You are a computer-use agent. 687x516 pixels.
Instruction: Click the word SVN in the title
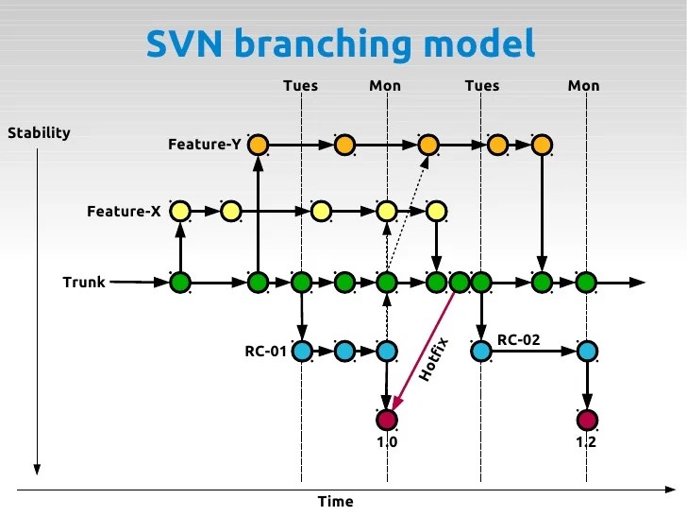(x=184, y=43)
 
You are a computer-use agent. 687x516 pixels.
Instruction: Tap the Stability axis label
(x=39, y=133)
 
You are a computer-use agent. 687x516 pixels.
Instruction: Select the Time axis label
(x=336, y=501)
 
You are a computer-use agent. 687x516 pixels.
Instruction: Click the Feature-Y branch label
(x=205, y=144)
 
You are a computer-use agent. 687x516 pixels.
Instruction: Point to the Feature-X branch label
(x=124, y=211)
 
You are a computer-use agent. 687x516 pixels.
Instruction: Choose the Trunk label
(x=84, y=283)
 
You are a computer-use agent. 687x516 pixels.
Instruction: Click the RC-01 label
(x=265, y=351)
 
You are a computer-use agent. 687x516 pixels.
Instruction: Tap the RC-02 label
(x=519, y=339)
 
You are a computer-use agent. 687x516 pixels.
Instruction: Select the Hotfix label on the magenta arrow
(x=433, y=359)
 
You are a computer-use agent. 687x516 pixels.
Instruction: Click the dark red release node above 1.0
(x=387, y=420)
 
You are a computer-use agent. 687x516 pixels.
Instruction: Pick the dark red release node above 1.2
(x=587, y=420)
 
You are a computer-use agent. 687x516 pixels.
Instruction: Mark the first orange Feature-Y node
(x=258, y=145)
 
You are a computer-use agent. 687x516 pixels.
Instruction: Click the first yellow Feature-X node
(x=180, y=211)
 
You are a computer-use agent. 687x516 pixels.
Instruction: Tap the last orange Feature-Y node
(x=542, y=145)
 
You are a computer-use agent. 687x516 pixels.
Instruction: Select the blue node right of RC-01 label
(x=302, y=351)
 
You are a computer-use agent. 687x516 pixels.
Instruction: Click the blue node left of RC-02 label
(x=481, y=351)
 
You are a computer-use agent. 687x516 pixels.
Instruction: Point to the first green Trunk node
(x=180, y=283)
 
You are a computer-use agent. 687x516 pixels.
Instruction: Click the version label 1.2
(x=586, y=442)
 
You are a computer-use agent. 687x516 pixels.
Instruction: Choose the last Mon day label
(x=583, y=86)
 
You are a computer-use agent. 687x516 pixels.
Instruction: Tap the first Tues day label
(x=300, y=86)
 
